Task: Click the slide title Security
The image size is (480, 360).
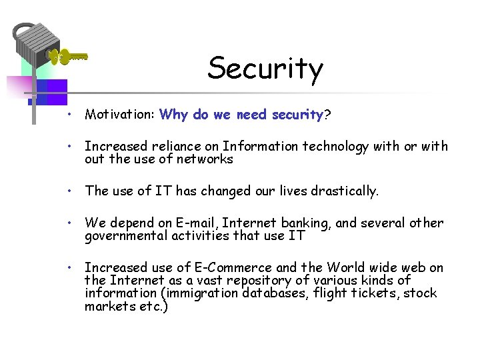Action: point(265,69)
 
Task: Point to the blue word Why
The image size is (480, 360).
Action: point(174,115)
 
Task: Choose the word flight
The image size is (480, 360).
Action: point(329,293)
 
